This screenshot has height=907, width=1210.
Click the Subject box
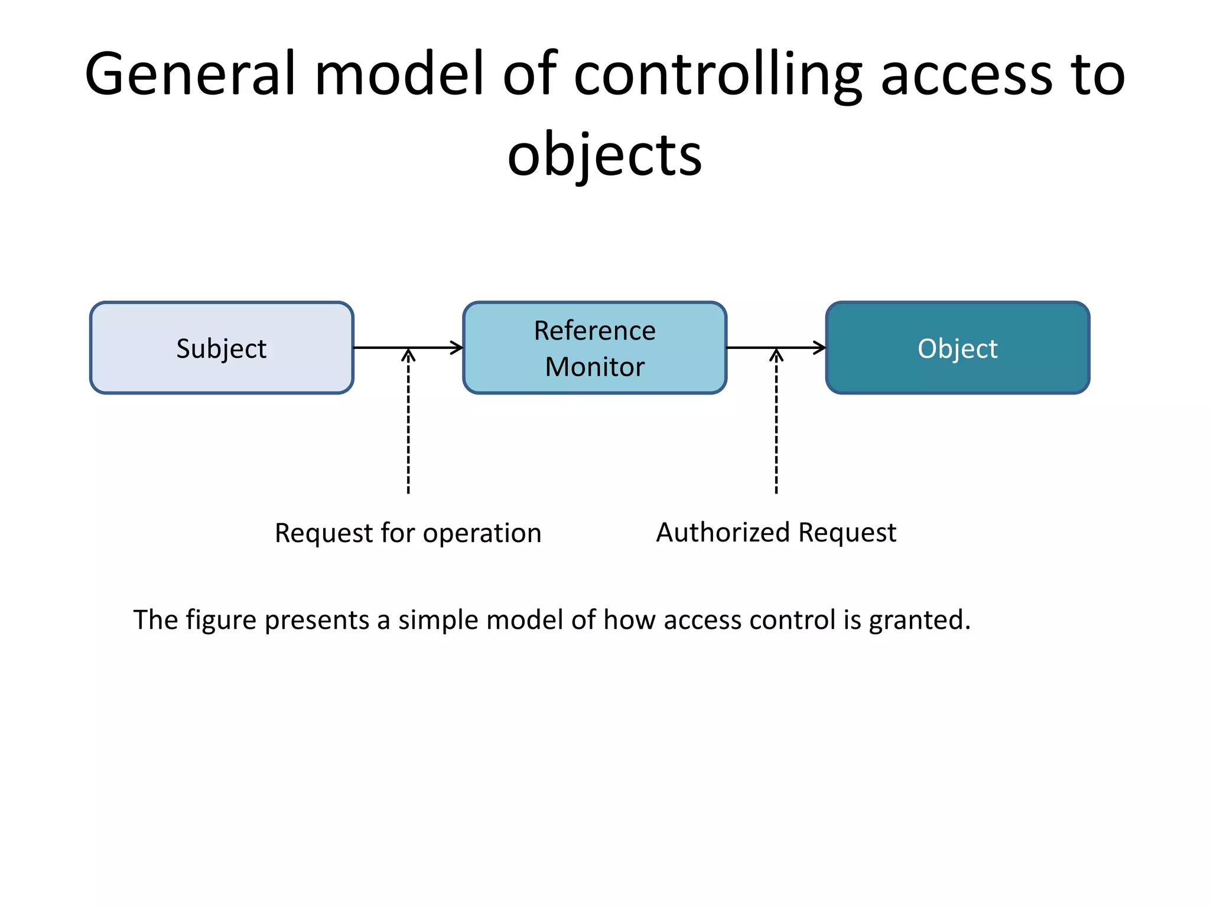pyautogui.click(x=222, y=348)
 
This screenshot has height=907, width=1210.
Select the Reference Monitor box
pyautogui.click(x=594, y=348)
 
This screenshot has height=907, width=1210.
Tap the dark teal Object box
pyautogui.click(x=957, y=348)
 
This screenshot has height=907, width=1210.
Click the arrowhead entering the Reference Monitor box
pyautogui.click(x=457, y=348)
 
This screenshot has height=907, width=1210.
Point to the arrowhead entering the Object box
pyautogui.click(x=819, y=348)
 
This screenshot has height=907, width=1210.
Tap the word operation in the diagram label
pyautogui.click(x=482, y=533)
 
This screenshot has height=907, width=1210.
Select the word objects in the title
pyautogui.click(x=604, y=155)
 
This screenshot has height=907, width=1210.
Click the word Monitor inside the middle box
pyautogui.click(x=594, y=367)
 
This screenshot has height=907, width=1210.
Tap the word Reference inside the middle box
pyautogui.click(x=594, y=331)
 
